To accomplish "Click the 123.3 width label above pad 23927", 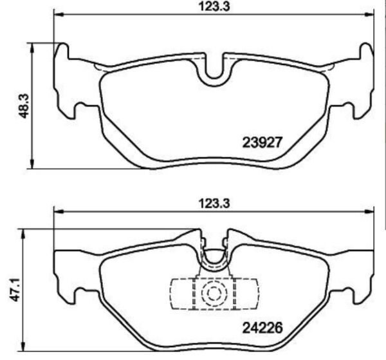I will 212,7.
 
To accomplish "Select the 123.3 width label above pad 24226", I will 213,202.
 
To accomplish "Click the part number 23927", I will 263,141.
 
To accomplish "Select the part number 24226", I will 262,327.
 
